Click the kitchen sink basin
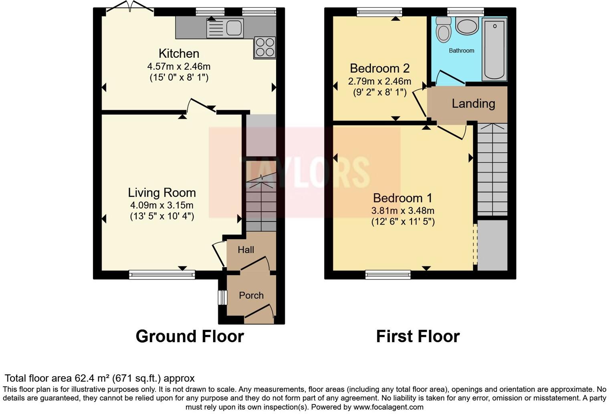click(234, 28)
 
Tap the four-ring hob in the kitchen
click(265, 48)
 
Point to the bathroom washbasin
click(467, 26)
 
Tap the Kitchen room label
click(179, 53)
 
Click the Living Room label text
click(162, 193)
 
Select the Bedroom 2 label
click(380, 68)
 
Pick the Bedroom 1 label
click(403, 198)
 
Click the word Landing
click(473, 104)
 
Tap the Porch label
click(251, 295)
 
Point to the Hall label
click(246, 250)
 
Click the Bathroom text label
click(462, 51)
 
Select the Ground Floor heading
click(190, 337)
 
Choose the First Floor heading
click(418, 337)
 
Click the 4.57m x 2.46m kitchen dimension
click(179, 67)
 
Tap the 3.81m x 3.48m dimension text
click(403, 210)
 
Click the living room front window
click(162, 275)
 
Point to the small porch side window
click(222, 298)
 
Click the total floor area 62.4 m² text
click(100, 378)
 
